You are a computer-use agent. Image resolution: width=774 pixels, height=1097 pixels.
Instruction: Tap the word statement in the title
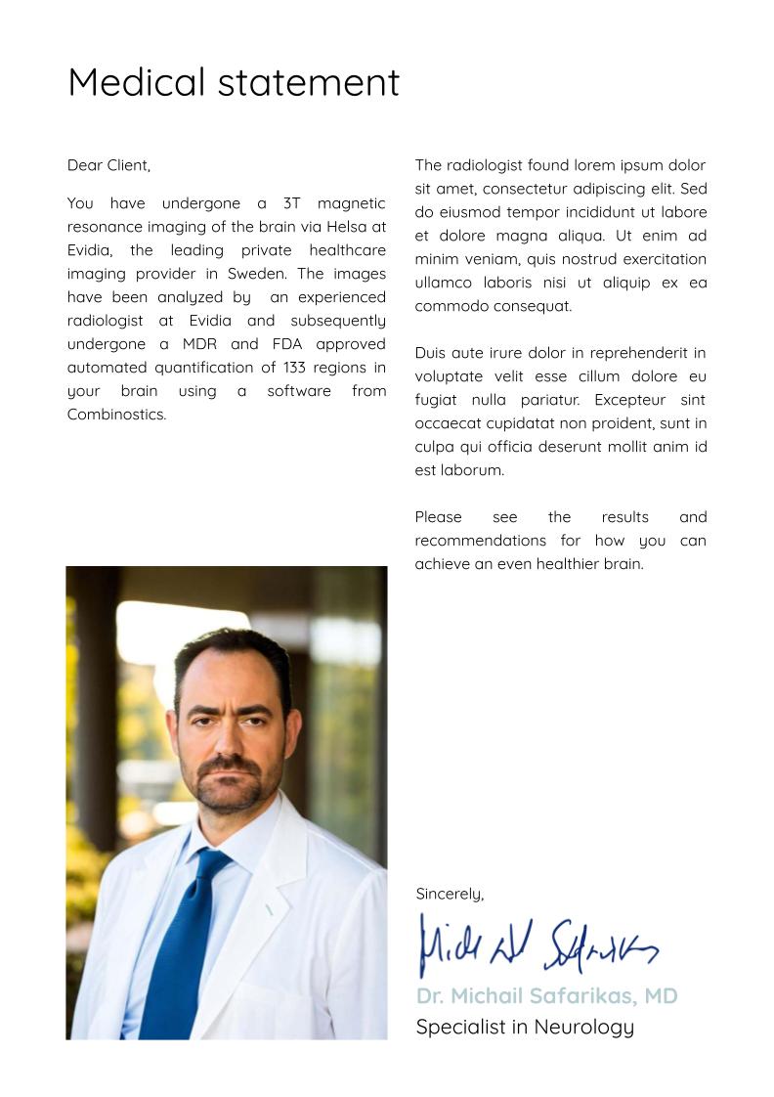tap(309, 82)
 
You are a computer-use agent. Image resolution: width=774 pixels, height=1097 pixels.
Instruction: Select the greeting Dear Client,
tap(108, 166)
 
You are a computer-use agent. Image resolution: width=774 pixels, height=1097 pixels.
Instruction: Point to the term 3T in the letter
tap(291, 203)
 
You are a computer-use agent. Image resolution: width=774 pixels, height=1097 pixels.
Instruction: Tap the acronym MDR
tap(199, 344)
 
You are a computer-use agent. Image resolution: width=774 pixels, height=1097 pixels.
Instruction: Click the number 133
tap(295, 368)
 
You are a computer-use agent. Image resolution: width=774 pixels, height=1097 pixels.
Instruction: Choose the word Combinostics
tap(116, 415)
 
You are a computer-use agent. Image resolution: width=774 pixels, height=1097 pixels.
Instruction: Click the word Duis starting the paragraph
tap(431, 353)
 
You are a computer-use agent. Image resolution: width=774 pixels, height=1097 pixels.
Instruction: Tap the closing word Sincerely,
tap(450, 894)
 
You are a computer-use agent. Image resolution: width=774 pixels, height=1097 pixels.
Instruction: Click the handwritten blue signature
tap(537, 945)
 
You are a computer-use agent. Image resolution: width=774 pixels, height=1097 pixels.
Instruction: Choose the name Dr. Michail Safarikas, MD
tap(546, 996)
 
